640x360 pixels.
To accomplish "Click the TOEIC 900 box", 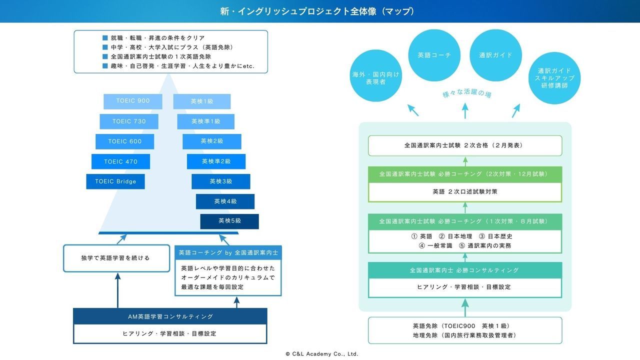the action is [133, 101].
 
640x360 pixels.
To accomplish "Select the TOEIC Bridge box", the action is [115, 181].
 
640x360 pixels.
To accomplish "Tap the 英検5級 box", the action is [229, 221].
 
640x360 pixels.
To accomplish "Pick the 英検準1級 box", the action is [205, 121].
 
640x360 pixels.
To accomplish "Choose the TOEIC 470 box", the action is [120, 161].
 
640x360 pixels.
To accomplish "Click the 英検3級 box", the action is [221, 181].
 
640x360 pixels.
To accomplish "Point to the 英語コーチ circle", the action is [434, 55].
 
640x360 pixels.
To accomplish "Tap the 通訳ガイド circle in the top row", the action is [495, 55].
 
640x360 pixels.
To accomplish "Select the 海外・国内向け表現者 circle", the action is [375, 75].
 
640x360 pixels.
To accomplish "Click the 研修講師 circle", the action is [554, 78].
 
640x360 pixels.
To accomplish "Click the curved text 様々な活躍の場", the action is [467, 93].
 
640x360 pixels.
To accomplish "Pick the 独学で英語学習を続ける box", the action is [116, 258].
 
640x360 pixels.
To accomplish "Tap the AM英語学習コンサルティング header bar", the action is [170, 316].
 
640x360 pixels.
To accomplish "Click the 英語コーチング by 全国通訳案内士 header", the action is [228, 252].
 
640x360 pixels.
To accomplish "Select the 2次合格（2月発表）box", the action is [465, 145].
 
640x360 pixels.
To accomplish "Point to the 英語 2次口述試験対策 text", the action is [465, 191].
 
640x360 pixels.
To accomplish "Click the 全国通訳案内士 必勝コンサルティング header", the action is [465, 270].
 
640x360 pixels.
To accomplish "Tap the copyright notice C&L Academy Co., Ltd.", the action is [321, 354].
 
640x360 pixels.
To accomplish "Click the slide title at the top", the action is [317, 11].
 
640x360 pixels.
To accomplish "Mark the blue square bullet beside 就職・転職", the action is [105, 37].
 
